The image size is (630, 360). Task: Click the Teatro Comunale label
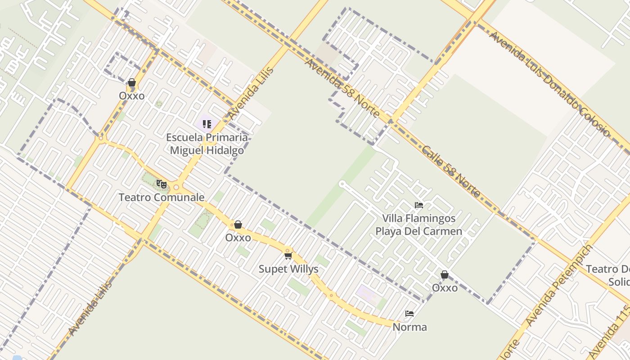click(162, 197)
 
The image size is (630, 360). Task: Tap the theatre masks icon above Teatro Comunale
click(161, 184)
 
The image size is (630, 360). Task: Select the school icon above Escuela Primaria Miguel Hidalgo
click(207, 124)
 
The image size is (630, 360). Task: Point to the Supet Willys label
click(288, 269)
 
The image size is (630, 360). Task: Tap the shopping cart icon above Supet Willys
click(288, 256)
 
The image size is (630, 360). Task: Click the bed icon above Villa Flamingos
click(419, 205)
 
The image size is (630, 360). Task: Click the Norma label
click(409, 327)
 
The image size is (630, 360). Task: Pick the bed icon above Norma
click(409, 314)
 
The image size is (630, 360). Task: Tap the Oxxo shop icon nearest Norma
click(445, 274)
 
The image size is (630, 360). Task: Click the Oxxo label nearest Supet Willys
click(238, 238)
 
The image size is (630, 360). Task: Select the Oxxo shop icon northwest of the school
click(132, 83)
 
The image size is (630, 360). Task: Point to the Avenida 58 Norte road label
click(342, 87)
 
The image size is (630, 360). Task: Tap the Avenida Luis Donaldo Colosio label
click(549, 84)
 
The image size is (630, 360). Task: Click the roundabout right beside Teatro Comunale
click(176, 187)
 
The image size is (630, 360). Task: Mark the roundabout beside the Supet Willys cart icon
click(287, 250)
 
